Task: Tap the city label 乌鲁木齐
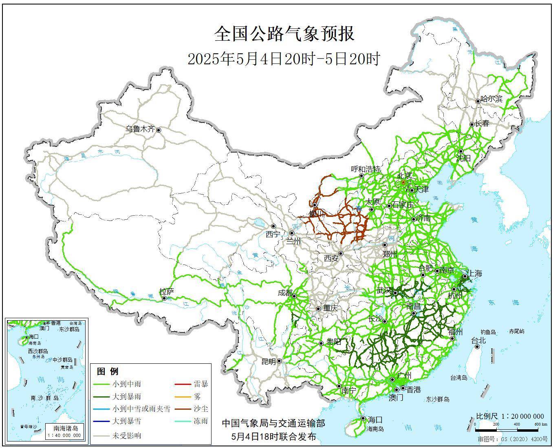tap(140, 129)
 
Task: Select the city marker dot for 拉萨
tap(164, 298)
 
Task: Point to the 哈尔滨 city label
tap(491, 99)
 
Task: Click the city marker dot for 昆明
tap(279, 361)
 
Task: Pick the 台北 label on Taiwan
tap(478, 340)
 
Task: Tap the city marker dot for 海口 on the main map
tap(363, 418)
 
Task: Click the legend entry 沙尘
tap(201, 409)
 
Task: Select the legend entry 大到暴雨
tap(126, 396)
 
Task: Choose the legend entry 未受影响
tap(126, 435)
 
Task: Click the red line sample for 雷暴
tap(183, 384)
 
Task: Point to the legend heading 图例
tap(108, 371)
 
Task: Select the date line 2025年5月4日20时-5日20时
tap(284, 59)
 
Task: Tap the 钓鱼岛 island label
tap(487, 332)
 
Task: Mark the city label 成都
tap(284, 293)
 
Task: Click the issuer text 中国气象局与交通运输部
tap(273, 423)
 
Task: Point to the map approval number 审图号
tap(513, 440)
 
